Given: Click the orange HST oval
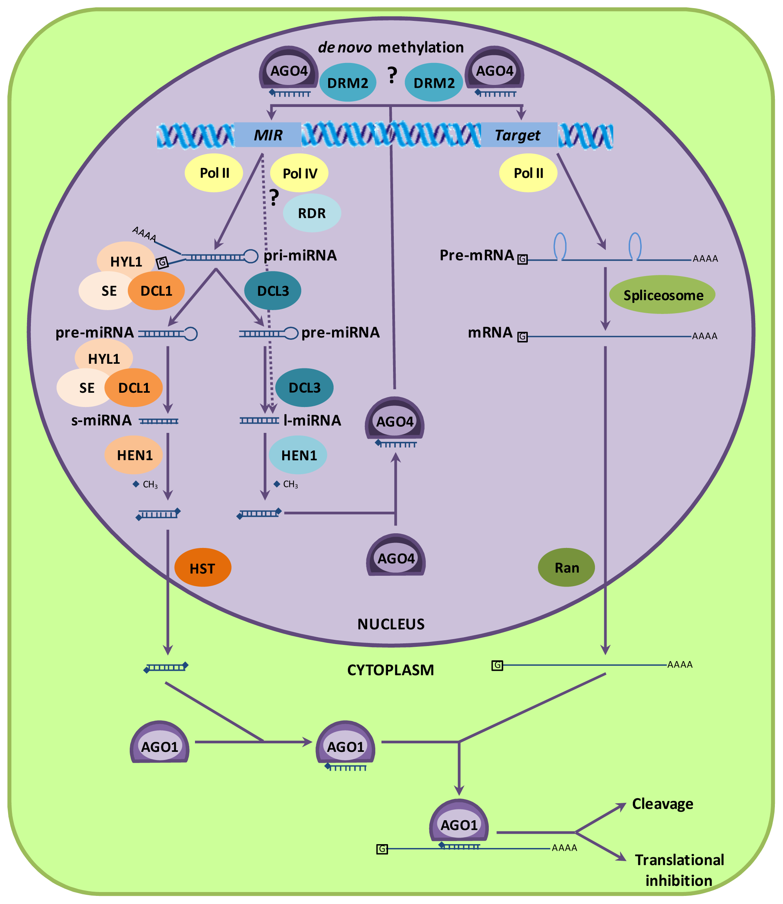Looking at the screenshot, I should pos(202,568).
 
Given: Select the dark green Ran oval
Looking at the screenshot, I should pos(566,567).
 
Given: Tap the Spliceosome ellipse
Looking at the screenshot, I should pos(662,295).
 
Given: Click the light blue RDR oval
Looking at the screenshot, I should pos(312,213).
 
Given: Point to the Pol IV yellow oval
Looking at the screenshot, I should pos(299,173).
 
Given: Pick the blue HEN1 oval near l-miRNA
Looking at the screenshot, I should pos(298,455).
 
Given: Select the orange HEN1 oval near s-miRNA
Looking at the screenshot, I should pos(134,455).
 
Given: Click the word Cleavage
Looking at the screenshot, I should pos(662,804).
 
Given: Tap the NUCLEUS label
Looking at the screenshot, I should pos(391,624).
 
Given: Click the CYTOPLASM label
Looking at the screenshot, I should pos(390,670).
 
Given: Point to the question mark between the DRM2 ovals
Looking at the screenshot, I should pos(392,76).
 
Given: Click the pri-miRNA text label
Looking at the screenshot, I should pos(300,255).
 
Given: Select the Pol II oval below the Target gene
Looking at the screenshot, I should pos(528,173).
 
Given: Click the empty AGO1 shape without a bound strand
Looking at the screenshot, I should pos(159,743).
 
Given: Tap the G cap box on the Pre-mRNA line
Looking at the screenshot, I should pos(522,259).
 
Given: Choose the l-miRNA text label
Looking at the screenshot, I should pos(312,420).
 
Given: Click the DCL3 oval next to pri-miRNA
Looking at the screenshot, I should pos(272,290).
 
